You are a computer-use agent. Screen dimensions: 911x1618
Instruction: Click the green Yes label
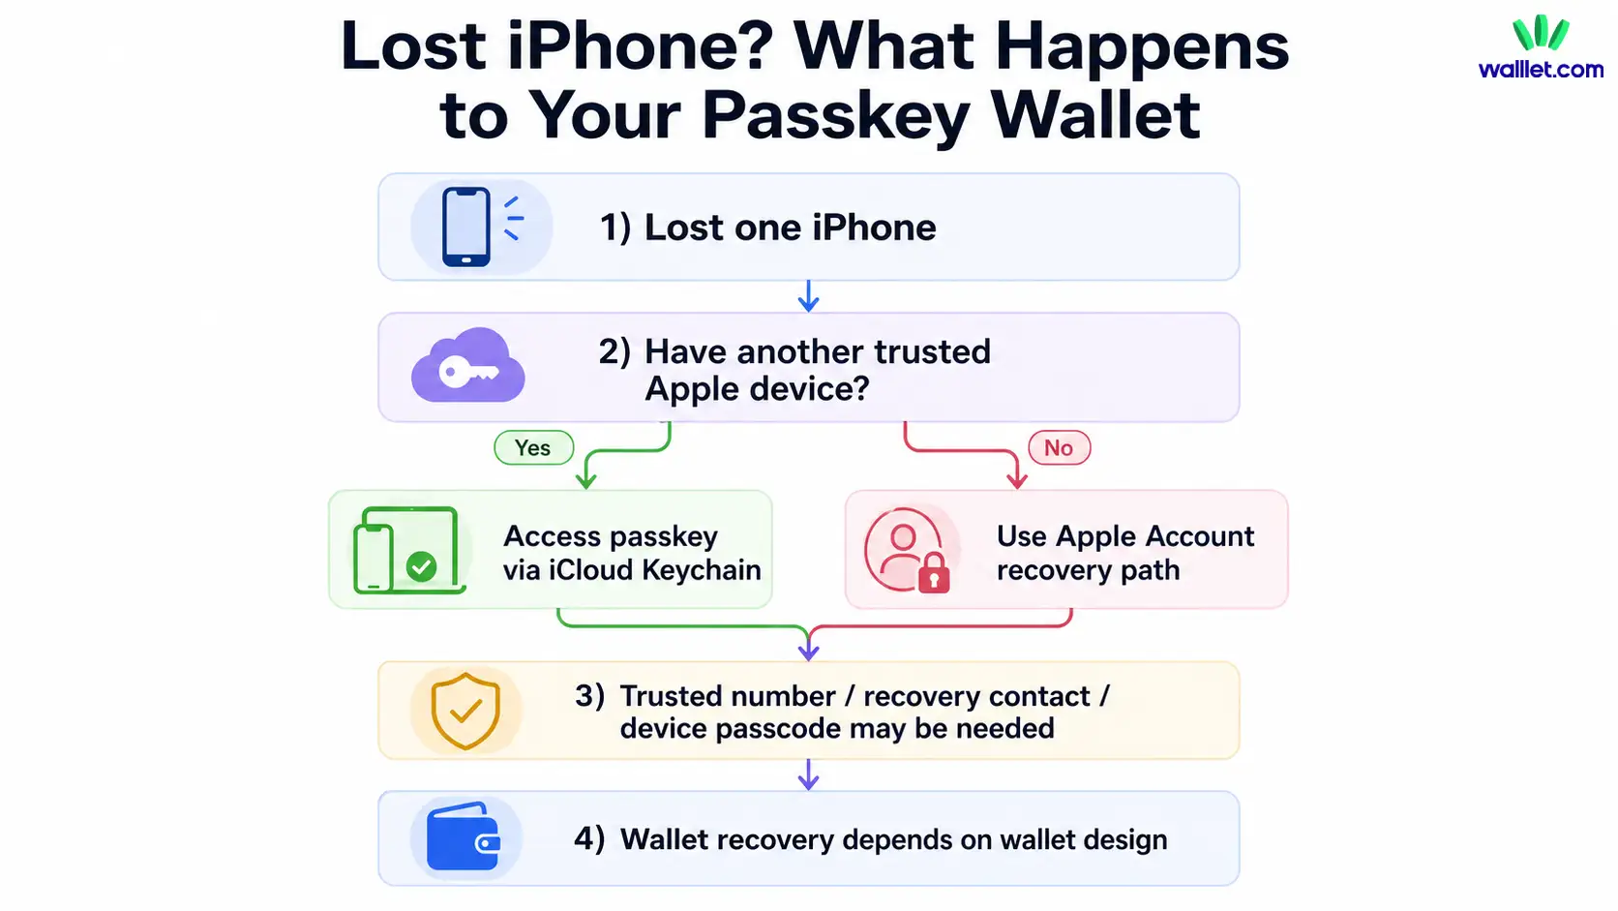click(533, 448)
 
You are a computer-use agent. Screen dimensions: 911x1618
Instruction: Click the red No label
click(1059, 448)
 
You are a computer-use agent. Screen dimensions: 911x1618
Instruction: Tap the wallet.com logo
click(1541, 48)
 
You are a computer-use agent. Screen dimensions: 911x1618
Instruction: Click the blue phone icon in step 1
click(465, 227)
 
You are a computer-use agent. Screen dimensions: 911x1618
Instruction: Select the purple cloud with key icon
click(468, 366)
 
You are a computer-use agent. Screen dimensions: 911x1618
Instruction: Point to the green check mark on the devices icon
click(422, 566)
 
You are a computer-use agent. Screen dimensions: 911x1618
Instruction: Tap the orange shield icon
click(465, 712)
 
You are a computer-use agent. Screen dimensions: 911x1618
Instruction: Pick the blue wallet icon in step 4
click(463, 837)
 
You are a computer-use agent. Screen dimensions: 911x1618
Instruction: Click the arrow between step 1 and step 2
click(808, 296)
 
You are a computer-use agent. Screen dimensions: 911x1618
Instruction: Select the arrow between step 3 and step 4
click(808, 774)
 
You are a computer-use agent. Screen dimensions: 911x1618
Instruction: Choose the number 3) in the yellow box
click(589, 696)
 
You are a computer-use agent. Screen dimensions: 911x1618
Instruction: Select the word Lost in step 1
click(684, 228)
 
